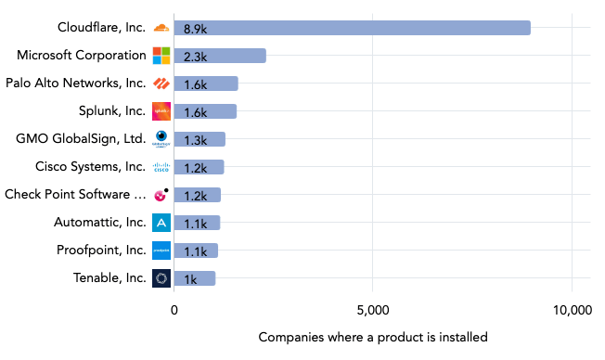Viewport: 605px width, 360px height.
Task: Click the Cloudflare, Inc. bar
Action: [x=352, y=28]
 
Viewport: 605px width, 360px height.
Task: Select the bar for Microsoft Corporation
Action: [x=220, y=56]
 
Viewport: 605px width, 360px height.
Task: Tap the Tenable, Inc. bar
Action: [x=194, y=278]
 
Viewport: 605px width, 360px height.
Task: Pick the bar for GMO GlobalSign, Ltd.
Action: [x=200, y=139]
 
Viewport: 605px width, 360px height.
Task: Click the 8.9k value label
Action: [x=195, y=28]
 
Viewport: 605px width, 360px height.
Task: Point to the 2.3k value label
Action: [x=195, y=56]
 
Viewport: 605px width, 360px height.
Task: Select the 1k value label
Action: [x=190, y=278]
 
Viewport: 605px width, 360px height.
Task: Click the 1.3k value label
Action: [x=195, y=139]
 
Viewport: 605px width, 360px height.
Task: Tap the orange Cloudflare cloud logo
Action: [x=161, y=28]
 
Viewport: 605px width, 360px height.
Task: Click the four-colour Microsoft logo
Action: [x=161, y=56]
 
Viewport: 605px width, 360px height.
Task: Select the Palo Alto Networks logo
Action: [x=161, y=84]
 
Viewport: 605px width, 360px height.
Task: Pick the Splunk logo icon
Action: [x=161, y=111]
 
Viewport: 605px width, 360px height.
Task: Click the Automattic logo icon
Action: [x=161, y=223]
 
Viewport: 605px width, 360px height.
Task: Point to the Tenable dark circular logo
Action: [x=161, y=278]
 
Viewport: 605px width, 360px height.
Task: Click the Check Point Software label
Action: [x=74, y=195]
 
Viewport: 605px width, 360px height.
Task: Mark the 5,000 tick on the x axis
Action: [x=372, y=312]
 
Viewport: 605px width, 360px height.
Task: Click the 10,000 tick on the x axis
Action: [x=571, y=312]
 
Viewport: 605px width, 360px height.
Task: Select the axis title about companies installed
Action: [x=372, y=337]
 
